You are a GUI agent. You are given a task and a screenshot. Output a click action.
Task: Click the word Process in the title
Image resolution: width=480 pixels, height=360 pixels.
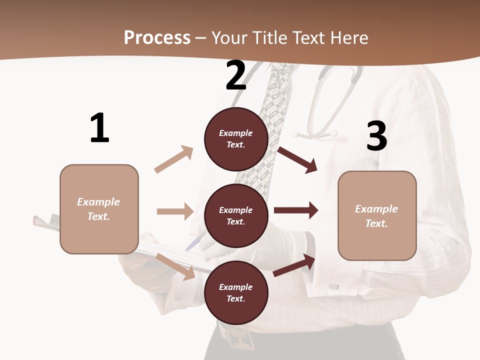coord(157,37)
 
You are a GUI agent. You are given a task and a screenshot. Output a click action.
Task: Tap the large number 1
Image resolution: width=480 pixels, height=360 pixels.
coord(99,128)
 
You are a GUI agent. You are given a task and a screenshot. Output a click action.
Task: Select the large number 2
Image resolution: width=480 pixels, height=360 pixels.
coord(236,76)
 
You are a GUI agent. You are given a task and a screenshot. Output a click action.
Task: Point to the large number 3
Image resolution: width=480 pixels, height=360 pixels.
coord(376,136)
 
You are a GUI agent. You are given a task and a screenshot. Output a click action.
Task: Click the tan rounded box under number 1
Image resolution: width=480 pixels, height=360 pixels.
coord(99,209)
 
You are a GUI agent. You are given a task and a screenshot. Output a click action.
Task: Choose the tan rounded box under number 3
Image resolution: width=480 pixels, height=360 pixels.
coord(377,215)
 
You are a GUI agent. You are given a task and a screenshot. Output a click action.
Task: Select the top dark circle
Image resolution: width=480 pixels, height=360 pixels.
coord(236,138)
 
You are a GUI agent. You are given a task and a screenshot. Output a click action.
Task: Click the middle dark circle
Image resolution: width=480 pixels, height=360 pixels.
coord(236,215)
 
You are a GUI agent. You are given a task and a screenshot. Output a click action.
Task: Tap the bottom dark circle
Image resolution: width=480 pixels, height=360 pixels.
coord(236,292)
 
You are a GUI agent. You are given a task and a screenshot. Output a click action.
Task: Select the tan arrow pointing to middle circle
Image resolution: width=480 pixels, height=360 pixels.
coord(175,211)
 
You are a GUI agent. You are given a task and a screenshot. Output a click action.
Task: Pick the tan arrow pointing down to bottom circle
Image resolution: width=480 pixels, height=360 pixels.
coord(175,266)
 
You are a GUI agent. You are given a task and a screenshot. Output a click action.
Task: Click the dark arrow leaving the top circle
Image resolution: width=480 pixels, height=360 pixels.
coord(297,159)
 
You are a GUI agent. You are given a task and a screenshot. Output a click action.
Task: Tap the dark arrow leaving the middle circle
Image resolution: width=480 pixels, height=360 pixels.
coord(296,210)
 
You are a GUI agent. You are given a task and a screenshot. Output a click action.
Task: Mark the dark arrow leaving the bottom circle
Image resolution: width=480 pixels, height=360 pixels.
coord(294,265)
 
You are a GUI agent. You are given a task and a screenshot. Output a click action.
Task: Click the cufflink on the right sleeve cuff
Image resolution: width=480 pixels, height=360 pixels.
coord(333,285)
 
